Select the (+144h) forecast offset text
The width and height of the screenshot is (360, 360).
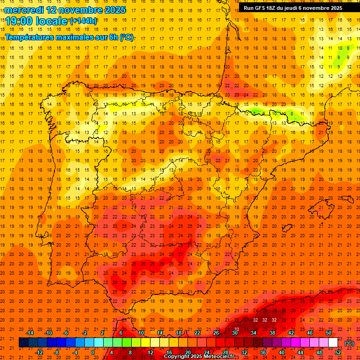(x=83, y=21)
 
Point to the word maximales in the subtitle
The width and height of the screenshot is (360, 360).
(x=77, y=37)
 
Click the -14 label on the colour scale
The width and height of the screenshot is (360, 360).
(x=30, y=333)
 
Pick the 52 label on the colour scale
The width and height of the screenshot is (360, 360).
(x=338, y=352)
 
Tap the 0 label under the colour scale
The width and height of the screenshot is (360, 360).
(x=93, y=352)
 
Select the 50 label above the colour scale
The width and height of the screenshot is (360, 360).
(x=329, y=333)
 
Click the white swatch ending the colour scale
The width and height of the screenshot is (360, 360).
(x=333, y=343)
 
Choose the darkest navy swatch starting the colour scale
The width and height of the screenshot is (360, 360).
(x=23, y=343)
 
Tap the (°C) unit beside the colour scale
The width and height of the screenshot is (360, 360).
(x=349, y=343)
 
